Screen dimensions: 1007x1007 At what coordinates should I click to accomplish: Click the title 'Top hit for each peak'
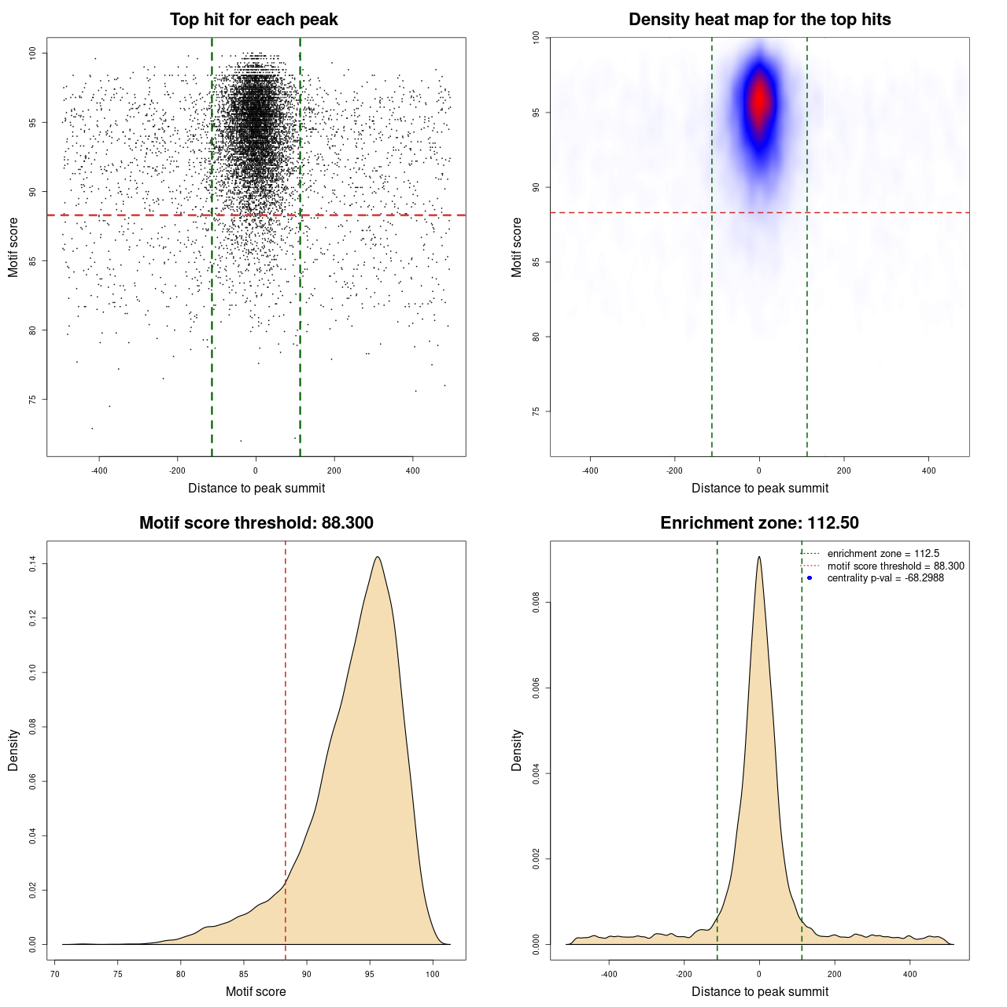click(253, 20)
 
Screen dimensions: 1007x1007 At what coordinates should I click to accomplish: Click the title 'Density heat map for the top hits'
click(759, 20)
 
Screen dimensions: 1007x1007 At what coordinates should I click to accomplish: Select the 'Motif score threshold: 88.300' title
click(256, 523)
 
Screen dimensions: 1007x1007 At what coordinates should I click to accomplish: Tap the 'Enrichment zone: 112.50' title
click(759, 523)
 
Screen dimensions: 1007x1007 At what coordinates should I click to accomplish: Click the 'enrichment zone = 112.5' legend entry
click(883, 554)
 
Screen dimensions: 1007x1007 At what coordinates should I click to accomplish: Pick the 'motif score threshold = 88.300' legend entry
click(895, 566)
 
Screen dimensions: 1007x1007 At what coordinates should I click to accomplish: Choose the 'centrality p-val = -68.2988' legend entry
click(885, 578)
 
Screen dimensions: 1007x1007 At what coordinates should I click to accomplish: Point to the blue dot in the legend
click(810, 578)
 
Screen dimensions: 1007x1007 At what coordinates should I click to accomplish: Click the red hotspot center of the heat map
click(759, 101)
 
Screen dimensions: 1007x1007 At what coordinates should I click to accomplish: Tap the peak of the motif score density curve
click(378, 557)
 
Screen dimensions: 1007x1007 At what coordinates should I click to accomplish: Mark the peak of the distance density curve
click(759, 557)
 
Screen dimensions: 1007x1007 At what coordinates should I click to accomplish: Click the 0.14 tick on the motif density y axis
click(32, 563)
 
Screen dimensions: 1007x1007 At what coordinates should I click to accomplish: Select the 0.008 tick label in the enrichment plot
click(536, 603)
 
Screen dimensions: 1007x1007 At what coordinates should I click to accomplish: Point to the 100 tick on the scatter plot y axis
click(32, 53)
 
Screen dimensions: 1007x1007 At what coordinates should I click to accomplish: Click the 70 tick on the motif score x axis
click(55, 974)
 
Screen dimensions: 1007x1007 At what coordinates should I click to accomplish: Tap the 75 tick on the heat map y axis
click(536, 411)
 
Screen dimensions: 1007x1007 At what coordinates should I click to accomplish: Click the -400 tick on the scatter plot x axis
click(99, 470)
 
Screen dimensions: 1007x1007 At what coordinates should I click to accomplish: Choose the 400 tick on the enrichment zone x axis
click(909, 974)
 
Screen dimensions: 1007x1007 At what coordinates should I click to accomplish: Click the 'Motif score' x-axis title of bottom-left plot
click(256, 991)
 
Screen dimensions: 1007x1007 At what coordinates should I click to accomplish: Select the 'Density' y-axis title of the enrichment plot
click(517, 750)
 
